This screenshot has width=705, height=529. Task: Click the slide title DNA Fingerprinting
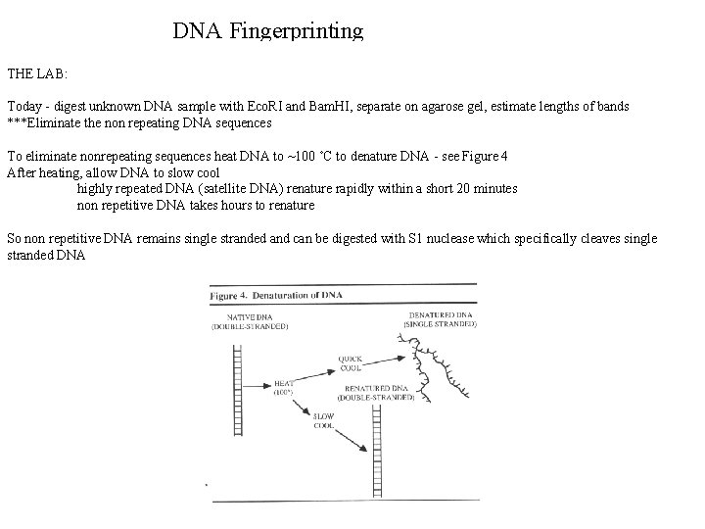click(268, 31)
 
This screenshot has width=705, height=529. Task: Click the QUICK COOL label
click(352, 363)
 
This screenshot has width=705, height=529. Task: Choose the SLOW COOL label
click(324, 422)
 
